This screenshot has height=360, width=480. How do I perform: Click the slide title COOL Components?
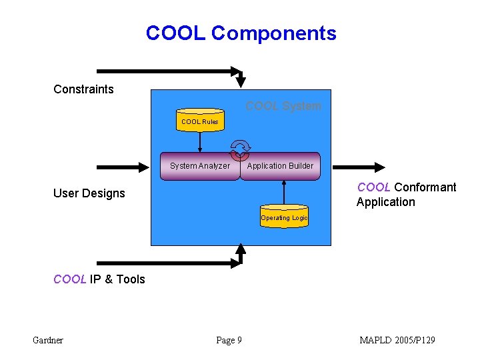tap(241, 33)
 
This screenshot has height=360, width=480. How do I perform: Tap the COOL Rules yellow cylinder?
tap(200, 120)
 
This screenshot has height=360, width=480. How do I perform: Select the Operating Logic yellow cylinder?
tap(284, 216)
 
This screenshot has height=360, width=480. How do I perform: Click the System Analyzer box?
tap(200, 166)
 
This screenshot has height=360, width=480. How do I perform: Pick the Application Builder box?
tap(281, 166)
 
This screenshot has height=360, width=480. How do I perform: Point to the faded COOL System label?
tap(283, 106)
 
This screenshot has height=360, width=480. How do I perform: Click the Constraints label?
tap(83, 89)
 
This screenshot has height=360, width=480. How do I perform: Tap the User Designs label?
tap(89, 193)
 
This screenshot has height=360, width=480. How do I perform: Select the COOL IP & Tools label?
tap(99, 279)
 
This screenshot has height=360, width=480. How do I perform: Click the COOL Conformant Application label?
tap(407, 195)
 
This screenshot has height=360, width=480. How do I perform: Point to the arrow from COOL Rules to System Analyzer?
tap(200, 142)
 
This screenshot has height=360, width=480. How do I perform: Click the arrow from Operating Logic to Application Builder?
tap(284, 192)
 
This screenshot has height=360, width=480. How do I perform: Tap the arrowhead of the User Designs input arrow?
tap(144, 167)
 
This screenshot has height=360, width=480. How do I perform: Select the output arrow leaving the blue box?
tap(359, 167)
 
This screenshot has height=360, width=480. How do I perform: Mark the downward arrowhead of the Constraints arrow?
tap(241, 82)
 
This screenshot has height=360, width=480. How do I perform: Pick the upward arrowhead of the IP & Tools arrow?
tap(241, 249)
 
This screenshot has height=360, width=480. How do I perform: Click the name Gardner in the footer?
tap(48, 340)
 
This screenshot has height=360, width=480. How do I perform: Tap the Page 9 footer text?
tap(229, 341)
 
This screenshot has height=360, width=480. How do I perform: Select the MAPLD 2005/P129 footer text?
tap(397, 340)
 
